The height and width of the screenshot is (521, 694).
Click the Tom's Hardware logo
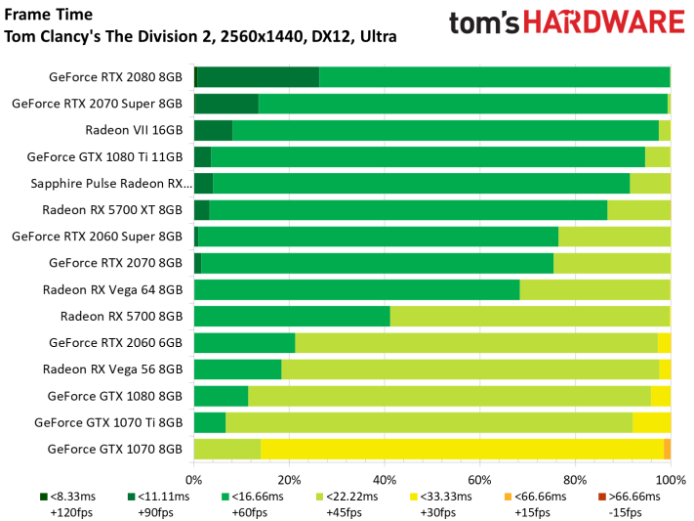[566, 25]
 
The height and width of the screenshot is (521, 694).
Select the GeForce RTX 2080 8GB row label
[115, 77]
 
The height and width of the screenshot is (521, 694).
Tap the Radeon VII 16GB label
[134, 130]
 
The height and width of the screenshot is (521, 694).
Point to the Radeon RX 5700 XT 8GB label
[112, 209]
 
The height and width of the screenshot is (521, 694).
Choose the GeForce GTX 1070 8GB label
[114, 449]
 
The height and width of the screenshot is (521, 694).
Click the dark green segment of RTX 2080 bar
[259, 77]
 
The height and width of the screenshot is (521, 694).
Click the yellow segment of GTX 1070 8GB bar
[462, 449]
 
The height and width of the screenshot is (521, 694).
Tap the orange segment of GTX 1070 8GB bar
[667, 449]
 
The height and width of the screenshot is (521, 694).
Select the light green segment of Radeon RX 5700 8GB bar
[529, 316]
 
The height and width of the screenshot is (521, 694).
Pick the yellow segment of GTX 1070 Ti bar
[651, 422]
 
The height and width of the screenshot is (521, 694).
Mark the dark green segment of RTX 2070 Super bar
[227, 104]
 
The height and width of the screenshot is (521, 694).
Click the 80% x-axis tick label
[575, 480]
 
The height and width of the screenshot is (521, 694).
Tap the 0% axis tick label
[194, 480]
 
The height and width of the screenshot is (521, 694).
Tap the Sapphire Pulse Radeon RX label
[110, 183]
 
